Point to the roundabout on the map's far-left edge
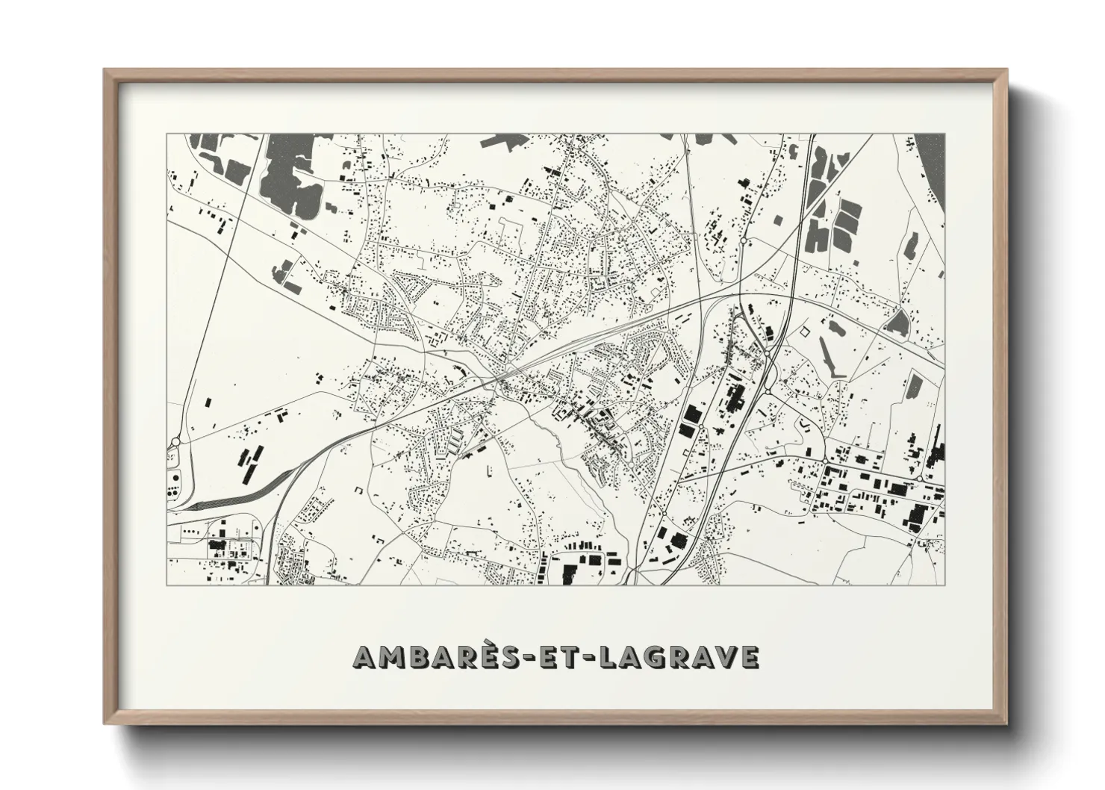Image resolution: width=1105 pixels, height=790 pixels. pos(174,443)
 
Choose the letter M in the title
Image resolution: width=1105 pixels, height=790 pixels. pos(390,656)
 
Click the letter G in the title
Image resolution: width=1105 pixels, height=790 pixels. pos(643,656)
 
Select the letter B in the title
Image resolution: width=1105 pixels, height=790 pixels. pos(418,656)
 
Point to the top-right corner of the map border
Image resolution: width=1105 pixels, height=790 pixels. pos(944,134)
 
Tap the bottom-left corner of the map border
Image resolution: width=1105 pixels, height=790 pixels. pos(167,584)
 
